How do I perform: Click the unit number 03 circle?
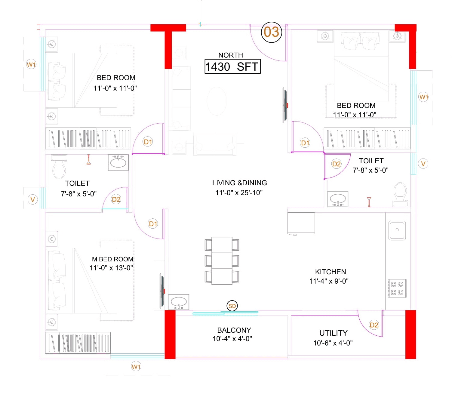(x=271, y=32)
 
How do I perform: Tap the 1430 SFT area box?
(x=232, y=66)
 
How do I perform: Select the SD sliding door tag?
(x=232, y=306)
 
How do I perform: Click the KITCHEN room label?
(x=330, y=272)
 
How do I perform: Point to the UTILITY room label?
(x=333, y=333)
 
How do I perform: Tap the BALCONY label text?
(x=234, y=330)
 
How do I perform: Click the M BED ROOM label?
(x=112, y=259)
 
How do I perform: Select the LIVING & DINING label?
(x=239, y=183)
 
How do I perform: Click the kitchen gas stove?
(x=397, y=288)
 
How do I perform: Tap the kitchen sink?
(x=397, y=230)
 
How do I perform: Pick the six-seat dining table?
(x=222, y=260)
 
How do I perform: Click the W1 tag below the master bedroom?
(x=136, y=367)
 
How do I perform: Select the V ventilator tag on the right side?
(x=423, y=164)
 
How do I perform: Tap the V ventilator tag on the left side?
(x=32, y=199)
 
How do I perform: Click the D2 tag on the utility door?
(x=374, y=325)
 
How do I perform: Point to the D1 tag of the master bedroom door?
(x=153, y=223)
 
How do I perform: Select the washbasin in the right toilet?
(x=338, y=199)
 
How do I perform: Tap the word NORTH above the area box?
(x=231, y=55)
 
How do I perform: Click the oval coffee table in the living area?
(x=217, y=101)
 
